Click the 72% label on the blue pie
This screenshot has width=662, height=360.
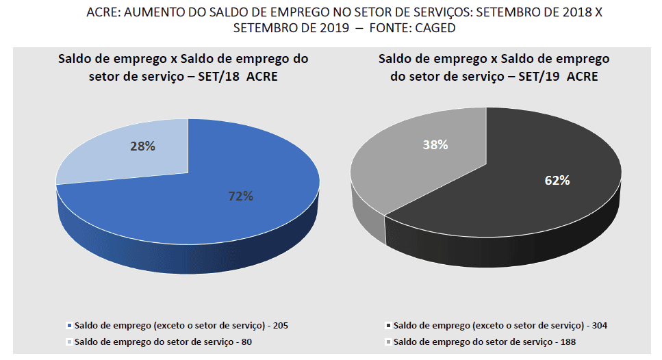[240, 196]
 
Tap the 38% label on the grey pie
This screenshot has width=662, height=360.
[435, 145]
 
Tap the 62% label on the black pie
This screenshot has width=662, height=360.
[557, 181]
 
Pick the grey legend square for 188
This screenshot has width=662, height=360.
[388, 341]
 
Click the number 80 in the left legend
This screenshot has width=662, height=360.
[255, 341]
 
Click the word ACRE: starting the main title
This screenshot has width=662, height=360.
[103, 13]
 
